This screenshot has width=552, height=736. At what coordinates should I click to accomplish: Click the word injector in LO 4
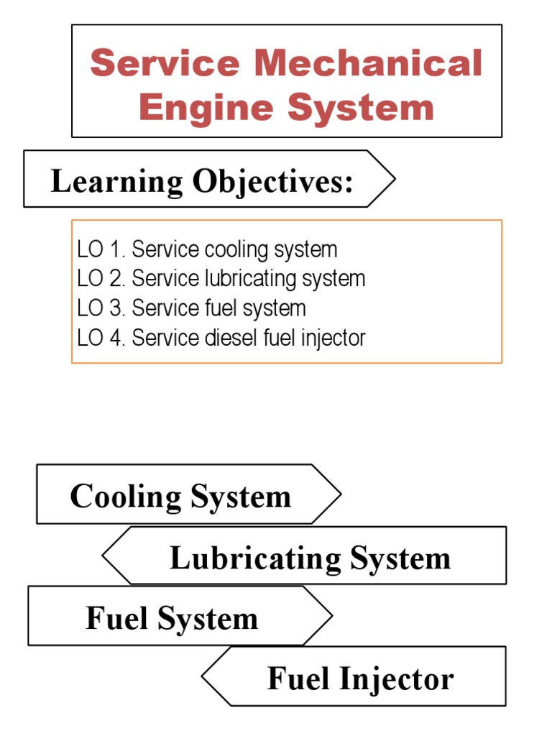point(330,337)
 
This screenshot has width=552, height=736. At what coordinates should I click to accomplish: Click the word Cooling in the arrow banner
point(126,496)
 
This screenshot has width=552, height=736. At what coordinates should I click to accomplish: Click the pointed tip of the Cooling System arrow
point(340,494)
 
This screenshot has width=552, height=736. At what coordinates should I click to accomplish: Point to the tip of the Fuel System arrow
point(332,615)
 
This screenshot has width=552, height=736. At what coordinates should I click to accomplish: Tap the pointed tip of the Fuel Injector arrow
point(203,676)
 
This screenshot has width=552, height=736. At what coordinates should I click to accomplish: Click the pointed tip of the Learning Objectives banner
point(395,179)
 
